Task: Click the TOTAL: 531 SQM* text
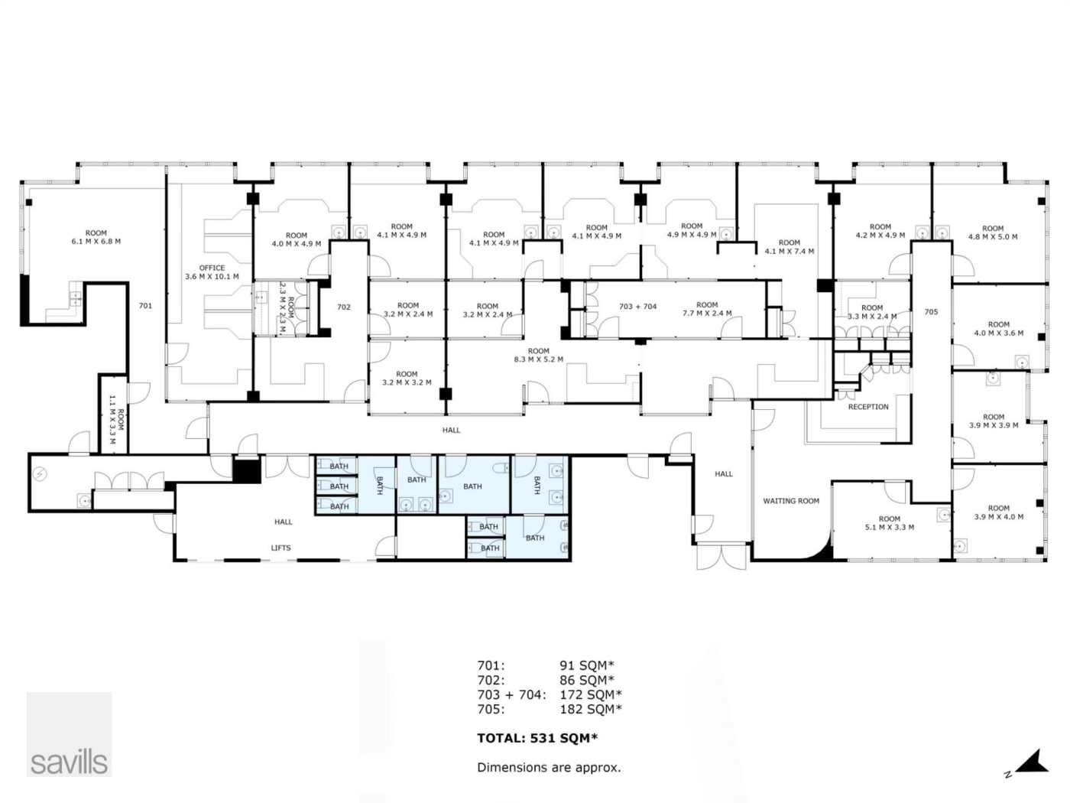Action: [537, 738]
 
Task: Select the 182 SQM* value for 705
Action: [591, 709]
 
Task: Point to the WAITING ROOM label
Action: [791, 501]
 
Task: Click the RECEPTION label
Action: [868, 407]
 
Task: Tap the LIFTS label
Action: [280, 548]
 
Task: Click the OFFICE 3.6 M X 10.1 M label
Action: [212, 272]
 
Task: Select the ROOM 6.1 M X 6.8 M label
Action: [96, 237]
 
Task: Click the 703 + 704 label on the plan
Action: [637, 306]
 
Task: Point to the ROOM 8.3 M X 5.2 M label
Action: [539, 355]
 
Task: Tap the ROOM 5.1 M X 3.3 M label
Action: [890, 522]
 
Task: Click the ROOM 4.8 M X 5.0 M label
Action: [993, 232]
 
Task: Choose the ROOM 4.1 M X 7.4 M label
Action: [790, 247]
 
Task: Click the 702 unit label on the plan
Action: [344, 307]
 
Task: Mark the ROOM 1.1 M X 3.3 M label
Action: [116, 419]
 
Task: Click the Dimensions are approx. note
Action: [549, 767]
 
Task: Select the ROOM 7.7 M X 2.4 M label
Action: [707, 309]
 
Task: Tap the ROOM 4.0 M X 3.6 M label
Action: [999, 329]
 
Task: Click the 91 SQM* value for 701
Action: [587, 665]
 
